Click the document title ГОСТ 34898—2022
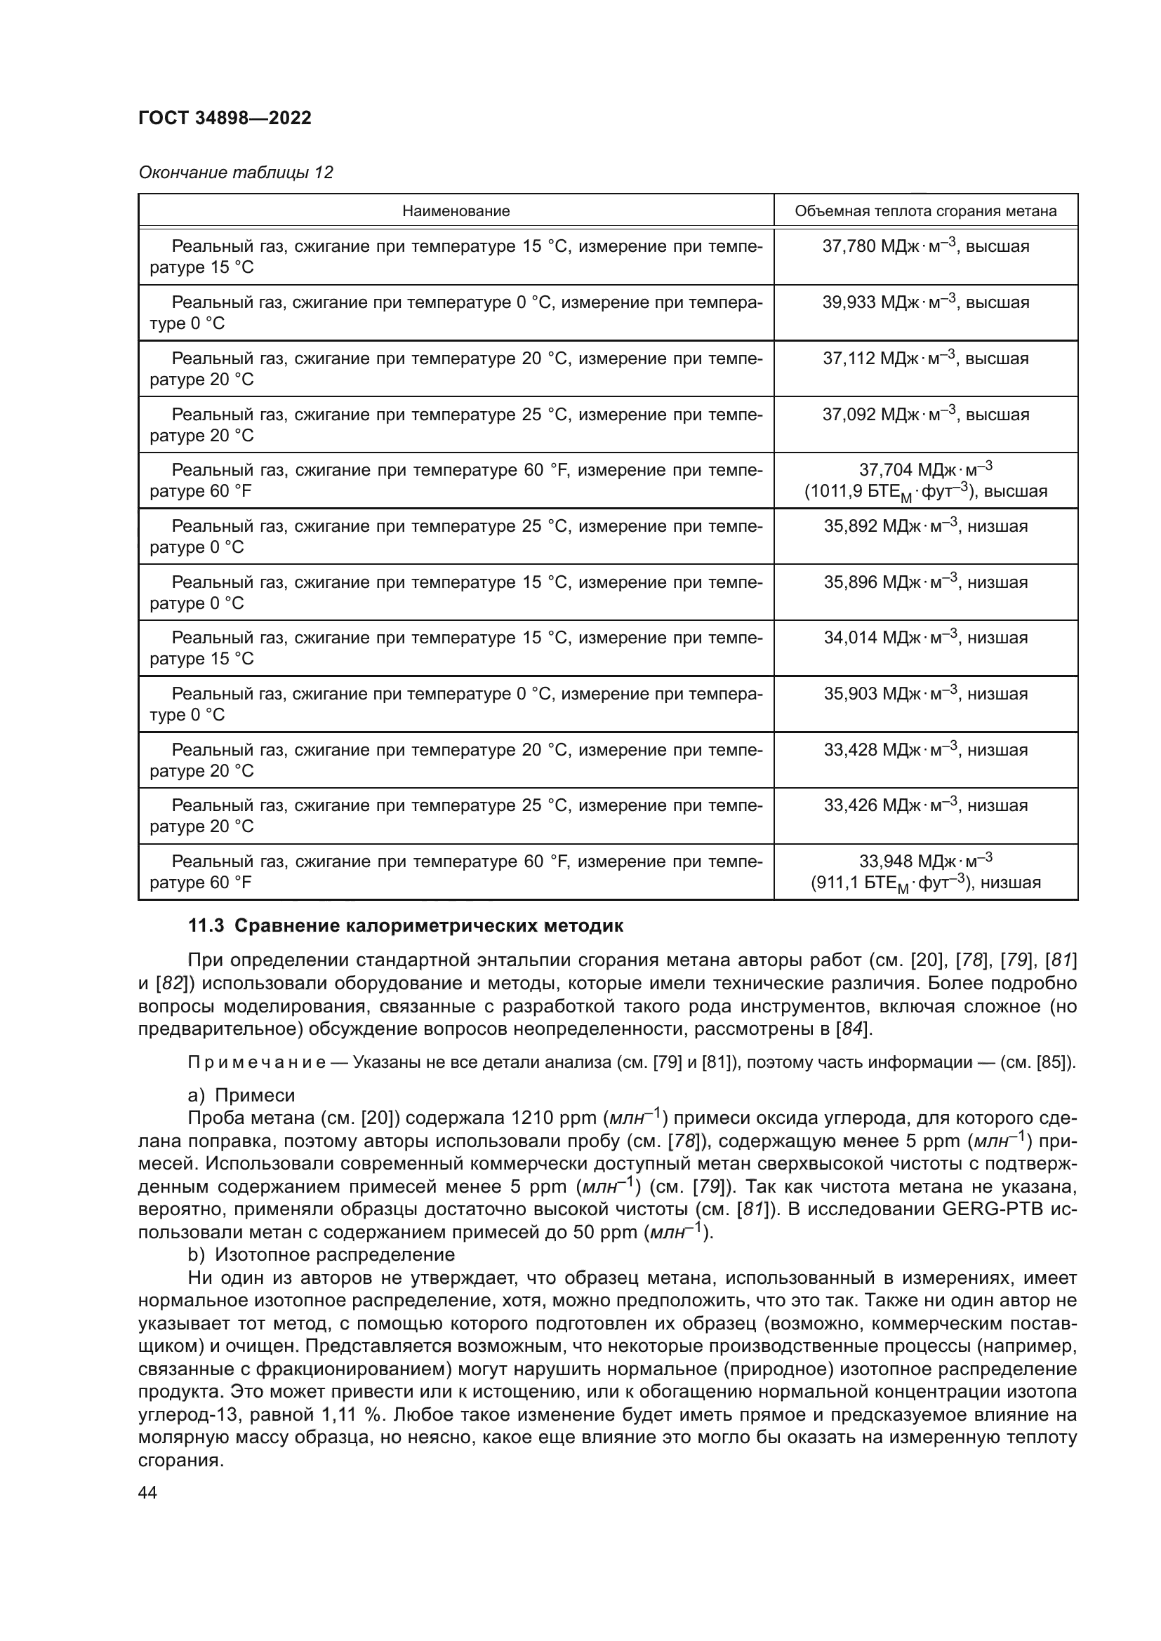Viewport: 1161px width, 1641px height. [x=225, y=118]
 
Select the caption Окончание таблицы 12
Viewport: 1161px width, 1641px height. [x=235, y=173]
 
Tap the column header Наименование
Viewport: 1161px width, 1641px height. [x=456, y=211]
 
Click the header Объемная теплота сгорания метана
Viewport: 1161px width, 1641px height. [x=925, y=211]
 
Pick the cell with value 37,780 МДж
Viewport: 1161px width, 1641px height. [x=925, y=246]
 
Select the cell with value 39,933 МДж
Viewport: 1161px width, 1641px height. [x=925, y=302]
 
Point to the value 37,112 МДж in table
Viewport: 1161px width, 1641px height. [x=925, y=359]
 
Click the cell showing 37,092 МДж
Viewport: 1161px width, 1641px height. [x=925, y=415]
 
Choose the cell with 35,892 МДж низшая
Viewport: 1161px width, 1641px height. [x=925, y=527]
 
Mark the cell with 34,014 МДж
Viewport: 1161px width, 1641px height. [x=925, y=638]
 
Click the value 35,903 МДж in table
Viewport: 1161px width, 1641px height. [x=925, y=694]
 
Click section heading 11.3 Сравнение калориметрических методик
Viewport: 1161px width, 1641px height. [x=405, y=926]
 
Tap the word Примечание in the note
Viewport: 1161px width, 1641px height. [x=256, y=1063]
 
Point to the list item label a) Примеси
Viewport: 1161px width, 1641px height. [x=241, y=1096]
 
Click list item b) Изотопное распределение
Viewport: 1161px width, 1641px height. [x=321, y=1255]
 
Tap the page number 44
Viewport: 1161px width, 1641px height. [x=148, y=1492]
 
